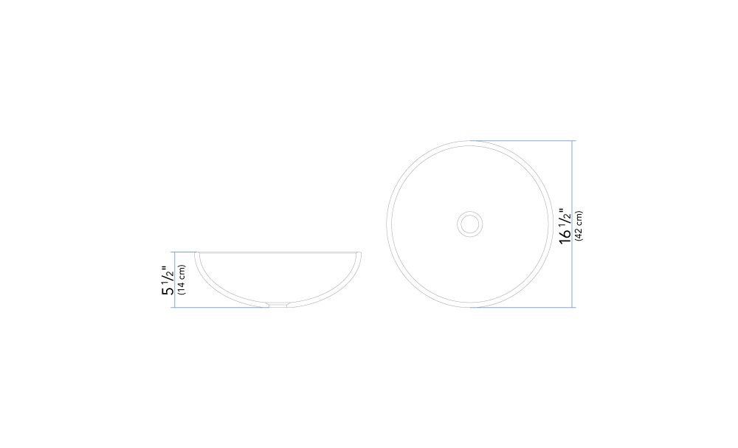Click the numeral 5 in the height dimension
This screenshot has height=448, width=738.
point(168,290)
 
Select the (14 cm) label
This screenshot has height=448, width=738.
point(182,280)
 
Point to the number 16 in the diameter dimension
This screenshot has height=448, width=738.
point(565,235)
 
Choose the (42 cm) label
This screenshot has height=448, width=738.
point(579,226)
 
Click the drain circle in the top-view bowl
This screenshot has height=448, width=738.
point(469,224)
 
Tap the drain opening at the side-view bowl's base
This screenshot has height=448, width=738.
point(277,305)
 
